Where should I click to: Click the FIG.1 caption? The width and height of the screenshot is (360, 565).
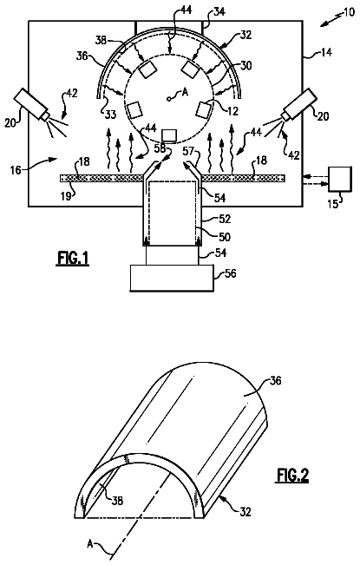coord(72,259)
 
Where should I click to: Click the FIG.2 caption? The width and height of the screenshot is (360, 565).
coord(292,475)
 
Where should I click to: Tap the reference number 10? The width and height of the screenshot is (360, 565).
coord(349,13)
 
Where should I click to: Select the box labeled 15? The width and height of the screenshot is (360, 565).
coord(340,179)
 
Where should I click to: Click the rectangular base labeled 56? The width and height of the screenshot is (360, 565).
coord(172,278)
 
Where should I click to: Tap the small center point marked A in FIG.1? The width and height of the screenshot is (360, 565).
coord(168,98)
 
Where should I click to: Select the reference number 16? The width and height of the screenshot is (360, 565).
coord(16,169)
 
